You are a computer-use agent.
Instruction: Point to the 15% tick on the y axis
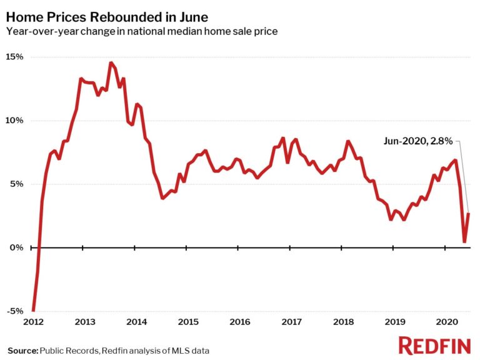point(15,57)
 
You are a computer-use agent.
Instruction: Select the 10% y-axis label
point(15,121)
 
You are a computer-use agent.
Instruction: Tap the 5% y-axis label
point(17,184)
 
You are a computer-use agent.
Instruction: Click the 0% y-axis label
point(17,247)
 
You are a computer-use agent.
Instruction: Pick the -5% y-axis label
point(16,311)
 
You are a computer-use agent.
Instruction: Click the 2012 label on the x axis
point(32,322)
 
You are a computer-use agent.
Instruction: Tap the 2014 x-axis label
point(136,322)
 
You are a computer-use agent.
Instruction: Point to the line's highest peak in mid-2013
point(111,62)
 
